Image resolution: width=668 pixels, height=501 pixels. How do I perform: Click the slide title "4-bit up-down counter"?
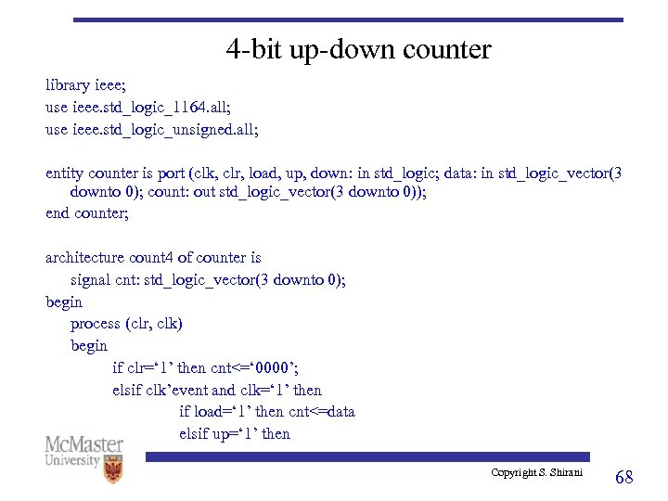[x=358, y=49]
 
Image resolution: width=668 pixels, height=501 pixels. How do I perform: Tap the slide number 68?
[x=624, y=477]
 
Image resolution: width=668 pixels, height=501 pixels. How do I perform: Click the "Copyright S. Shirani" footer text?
[x=536, y=473]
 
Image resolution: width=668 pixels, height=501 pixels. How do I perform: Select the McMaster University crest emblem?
[x=113, y=469]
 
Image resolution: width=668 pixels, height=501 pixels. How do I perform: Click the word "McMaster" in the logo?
[x=84, y=444]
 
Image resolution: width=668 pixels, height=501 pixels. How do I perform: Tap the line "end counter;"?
[x=87, y=213]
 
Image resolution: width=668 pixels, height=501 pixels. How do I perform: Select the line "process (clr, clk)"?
[x=126, y=324]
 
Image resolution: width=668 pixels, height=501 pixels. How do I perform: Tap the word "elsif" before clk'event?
[x=128, y=391]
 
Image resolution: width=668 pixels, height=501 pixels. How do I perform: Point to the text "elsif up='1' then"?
[x=235, y=434]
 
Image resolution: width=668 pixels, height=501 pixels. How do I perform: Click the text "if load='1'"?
[x=215, y=412]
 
